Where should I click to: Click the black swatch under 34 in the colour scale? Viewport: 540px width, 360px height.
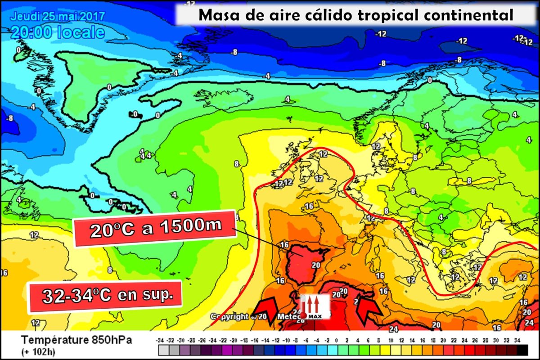522,350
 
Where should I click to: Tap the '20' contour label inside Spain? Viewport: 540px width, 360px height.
315,265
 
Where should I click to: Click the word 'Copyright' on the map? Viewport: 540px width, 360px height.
229,316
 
